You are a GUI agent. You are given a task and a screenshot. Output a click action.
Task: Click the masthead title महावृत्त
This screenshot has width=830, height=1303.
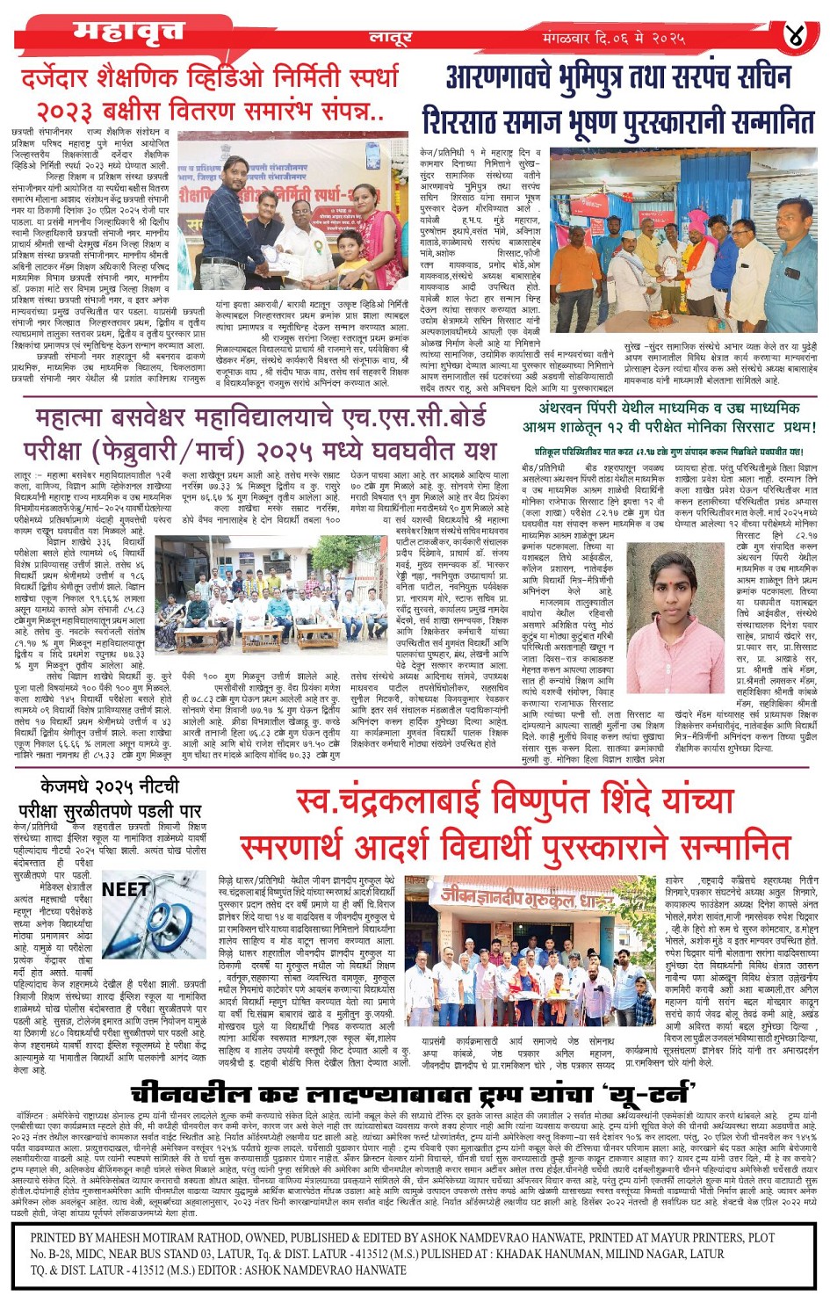tap(128, 32)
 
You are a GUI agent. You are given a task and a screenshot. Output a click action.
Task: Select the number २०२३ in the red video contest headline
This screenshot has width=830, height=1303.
tap(67, 112)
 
